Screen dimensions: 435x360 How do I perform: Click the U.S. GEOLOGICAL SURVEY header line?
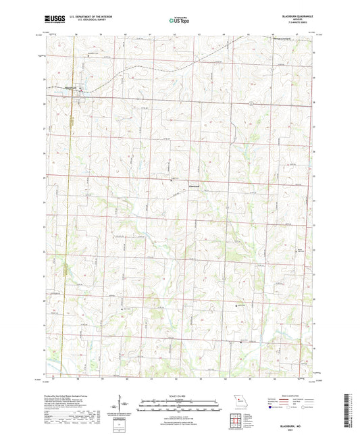pyautogui.click(x=80, y=21)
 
